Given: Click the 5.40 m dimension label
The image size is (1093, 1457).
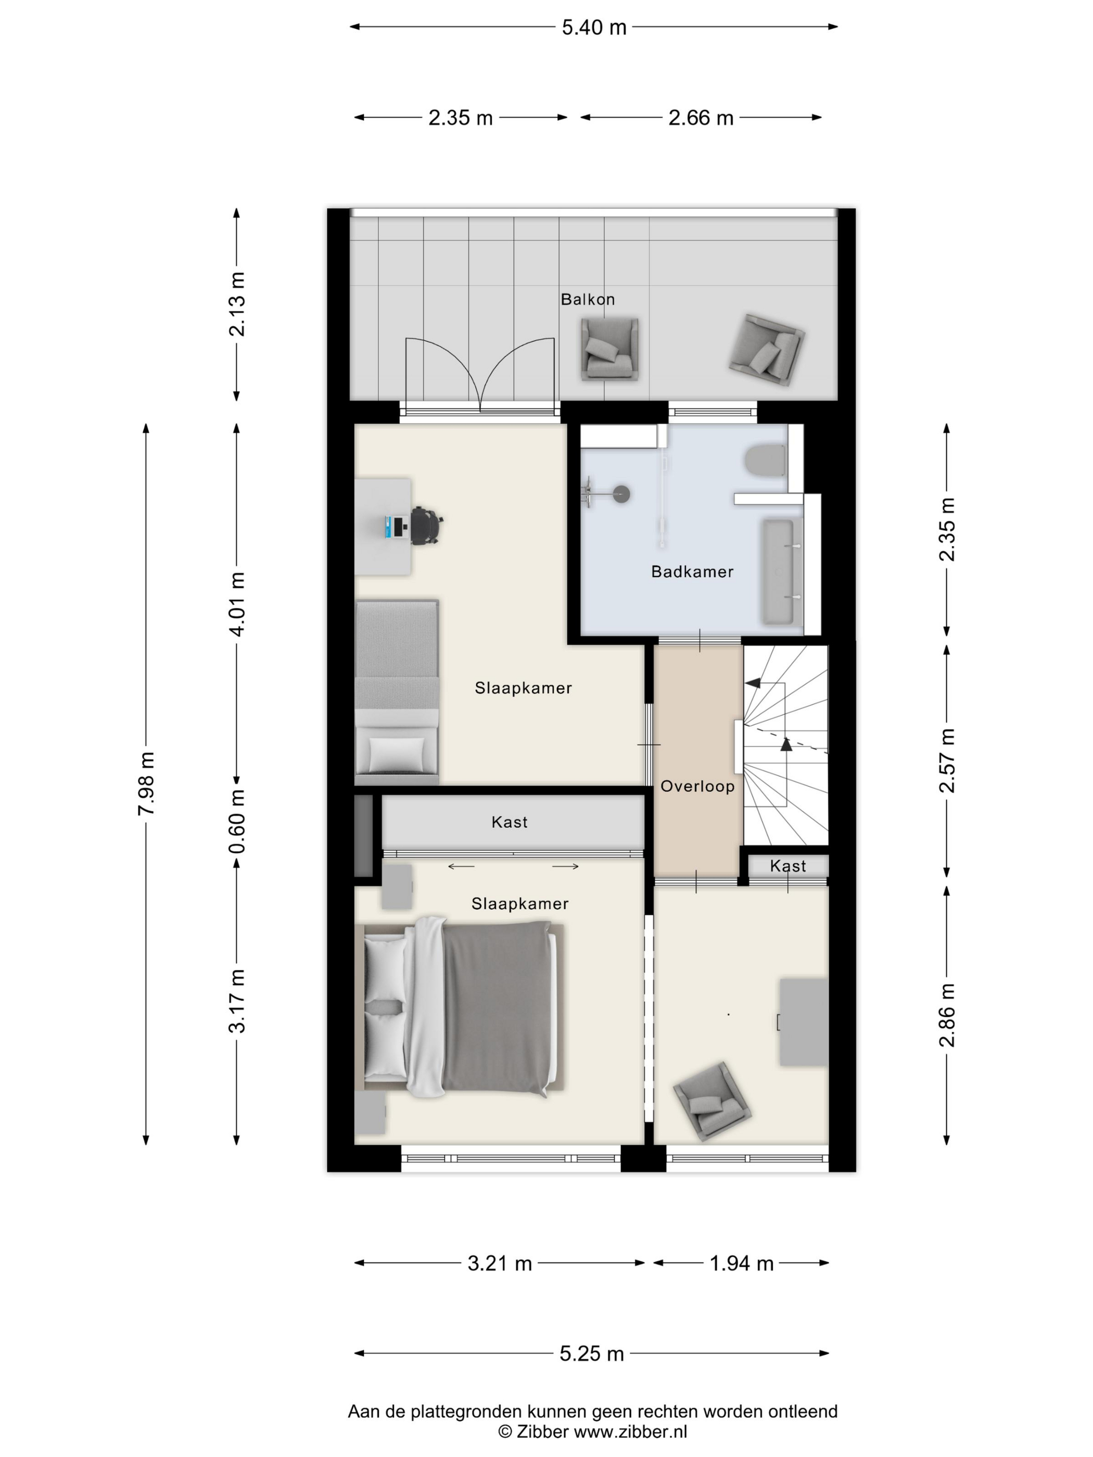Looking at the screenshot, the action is tap(594, 28).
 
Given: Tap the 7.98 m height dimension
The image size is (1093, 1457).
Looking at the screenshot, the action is tap(146, 783).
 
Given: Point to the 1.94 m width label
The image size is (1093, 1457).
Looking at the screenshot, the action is tap(741, 1263).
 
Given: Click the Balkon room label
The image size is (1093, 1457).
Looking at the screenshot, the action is tap(588, 299).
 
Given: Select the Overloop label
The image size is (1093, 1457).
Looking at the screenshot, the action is tap(697, 786).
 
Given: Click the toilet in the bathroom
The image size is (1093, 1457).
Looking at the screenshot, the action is tap(766, 461).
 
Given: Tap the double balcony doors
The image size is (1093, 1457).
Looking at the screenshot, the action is tap(480, 376).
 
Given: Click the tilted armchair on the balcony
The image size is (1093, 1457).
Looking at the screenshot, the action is tap(766, 350).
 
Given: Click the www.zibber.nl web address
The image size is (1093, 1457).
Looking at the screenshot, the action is tap(630, 1432).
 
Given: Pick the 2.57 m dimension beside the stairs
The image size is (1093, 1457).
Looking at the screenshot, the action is tap(947, 760).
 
